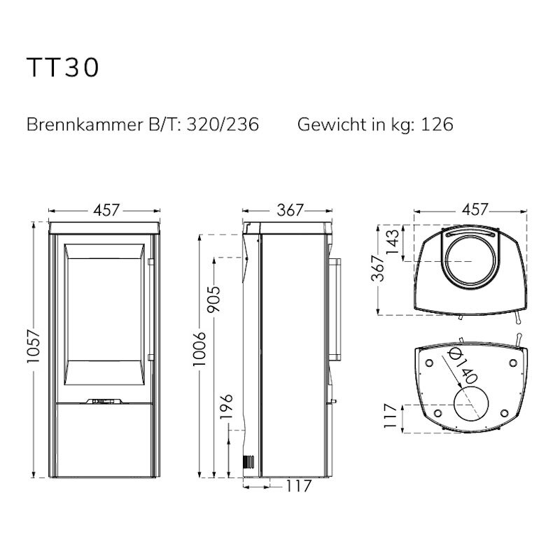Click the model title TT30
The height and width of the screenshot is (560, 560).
(x=62, y=67)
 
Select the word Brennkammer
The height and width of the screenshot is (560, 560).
(x=84, y=125)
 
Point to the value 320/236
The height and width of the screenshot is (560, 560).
(x=223, y=125)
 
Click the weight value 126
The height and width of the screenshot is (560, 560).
(x=437, y=125)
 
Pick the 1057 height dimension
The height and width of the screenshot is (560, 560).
(x=34, y=346)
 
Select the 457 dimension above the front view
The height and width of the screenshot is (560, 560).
(x=106, y=210)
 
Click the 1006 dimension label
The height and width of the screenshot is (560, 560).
(x=199, y=349)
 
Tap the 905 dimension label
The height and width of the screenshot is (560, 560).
(x=214, y=300)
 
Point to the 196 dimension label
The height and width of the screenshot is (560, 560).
(x=226, y=406)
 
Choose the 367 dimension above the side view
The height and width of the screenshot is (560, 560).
(x=290, y=210)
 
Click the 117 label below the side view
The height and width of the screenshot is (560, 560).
(x=299, y=486)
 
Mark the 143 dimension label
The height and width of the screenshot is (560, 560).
(x=392, y=241)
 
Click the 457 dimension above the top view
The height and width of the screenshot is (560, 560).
(x=475, y=209)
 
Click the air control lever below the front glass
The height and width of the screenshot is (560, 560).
(x=104, y=400)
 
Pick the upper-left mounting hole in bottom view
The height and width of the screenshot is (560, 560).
(x=429, y=363)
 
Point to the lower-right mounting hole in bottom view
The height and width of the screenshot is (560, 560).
(x=504, y=413)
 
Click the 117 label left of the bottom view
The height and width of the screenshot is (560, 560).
(x=390, y=416)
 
